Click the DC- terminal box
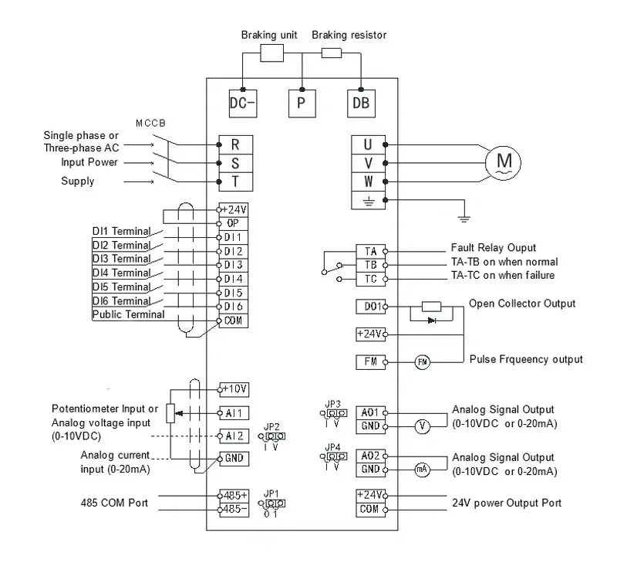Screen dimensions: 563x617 click(x=242, y=103)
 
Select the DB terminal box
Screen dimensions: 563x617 click(x=360, y=103)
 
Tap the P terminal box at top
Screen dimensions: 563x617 click(x=301, y=103)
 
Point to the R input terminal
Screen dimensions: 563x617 click(x=235, y=144)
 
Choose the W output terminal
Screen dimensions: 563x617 click(x=368, y=181)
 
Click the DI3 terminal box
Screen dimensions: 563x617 click(x=234, y=265)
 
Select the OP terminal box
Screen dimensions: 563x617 click(x=234, y=222)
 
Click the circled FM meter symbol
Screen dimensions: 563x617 click(x=422, y=361)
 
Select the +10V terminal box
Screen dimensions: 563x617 click(x=234, y=388)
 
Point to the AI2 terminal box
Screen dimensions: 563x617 click(x=234, y=435)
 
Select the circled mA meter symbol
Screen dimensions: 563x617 click(x=421, y=470)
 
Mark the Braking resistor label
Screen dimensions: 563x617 click(x=349, y=35)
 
